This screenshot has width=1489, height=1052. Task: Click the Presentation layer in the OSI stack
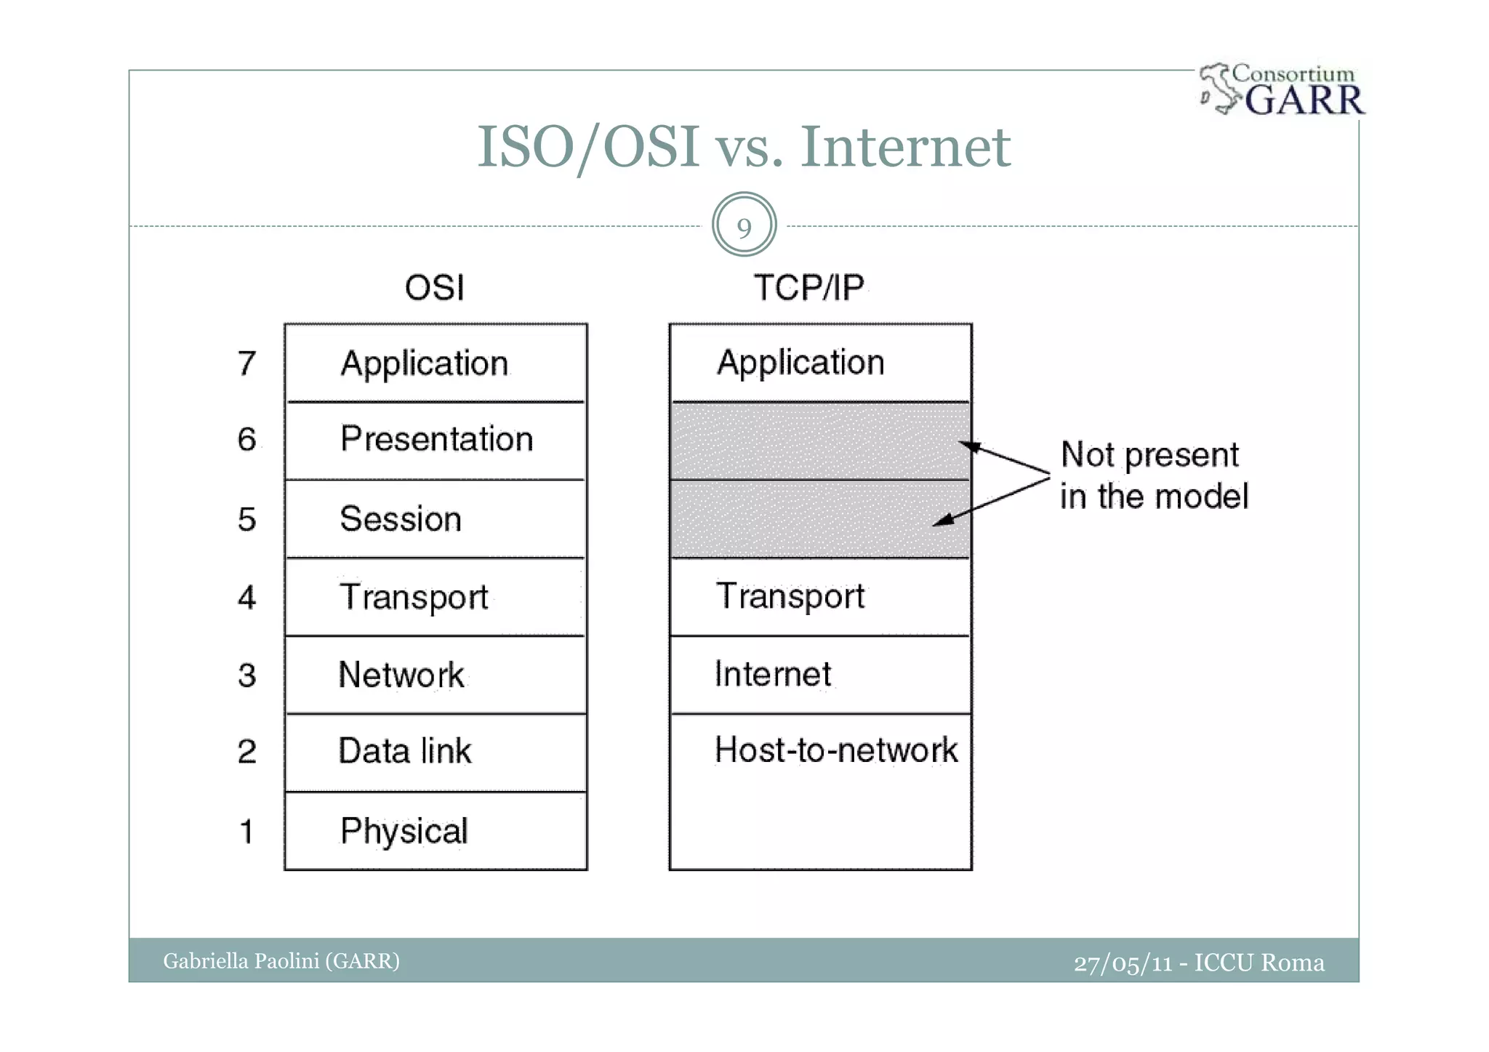point(436,440)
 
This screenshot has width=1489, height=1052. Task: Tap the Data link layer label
point(405,751)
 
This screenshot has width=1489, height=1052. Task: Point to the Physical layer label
point(404,831)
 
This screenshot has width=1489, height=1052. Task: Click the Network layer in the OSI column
point(401,675)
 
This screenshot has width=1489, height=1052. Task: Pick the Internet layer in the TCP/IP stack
point(773,674)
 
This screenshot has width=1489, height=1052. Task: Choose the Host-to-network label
point(836,750)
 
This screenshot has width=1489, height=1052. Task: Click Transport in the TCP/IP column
point(790,596)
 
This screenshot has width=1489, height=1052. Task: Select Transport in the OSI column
point(414,597)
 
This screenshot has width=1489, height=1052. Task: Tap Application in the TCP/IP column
point(800,363)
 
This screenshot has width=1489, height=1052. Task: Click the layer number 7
point(247,363)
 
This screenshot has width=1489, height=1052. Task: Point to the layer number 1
point(247,831)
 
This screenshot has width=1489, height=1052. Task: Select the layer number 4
point(247,597)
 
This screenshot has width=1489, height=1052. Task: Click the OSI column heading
point(435,288)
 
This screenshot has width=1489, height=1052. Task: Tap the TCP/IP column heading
point(808,288)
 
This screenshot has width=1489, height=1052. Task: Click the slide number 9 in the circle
point(744,227)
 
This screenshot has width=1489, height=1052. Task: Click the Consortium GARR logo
point(1283,90)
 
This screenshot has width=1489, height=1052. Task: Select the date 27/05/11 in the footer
point(1123,963)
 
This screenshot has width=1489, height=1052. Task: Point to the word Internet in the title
point(905,147)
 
